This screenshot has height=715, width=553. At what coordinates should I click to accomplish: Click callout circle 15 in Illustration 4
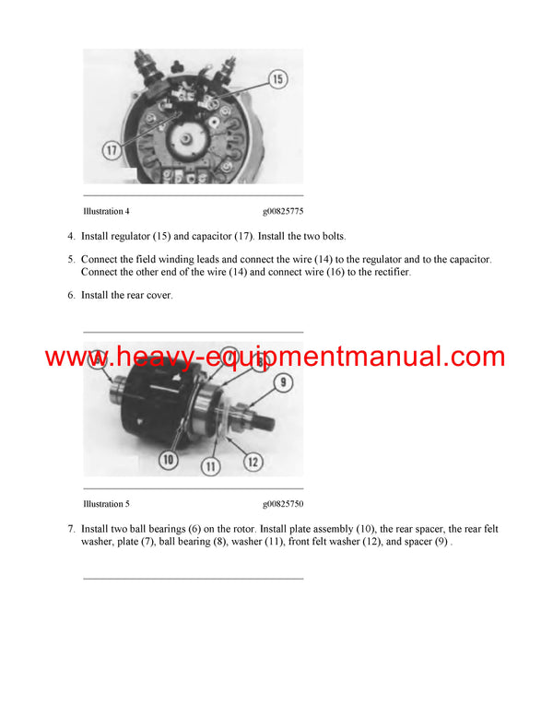coord(278,79)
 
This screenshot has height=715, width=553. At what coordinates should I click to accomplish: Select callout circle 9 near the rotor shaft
coord(283,382)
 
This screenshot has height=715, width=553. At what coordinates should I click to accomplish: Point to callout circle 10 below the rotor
coord(168,458)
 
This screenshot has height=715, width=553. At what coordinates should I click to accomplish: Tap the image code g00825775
coord(283,211)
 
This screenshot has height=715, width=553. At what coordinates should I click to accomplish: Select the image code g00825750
coord(283,504)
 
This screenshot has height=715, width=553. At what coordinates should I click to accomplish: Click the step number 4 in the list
coord(71,237)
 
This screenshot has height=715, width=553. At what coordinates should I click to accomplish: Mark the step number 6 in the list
coord(71,295)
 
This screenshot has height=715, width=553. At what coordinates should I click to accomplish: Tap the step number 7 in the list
coord(71,529)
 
